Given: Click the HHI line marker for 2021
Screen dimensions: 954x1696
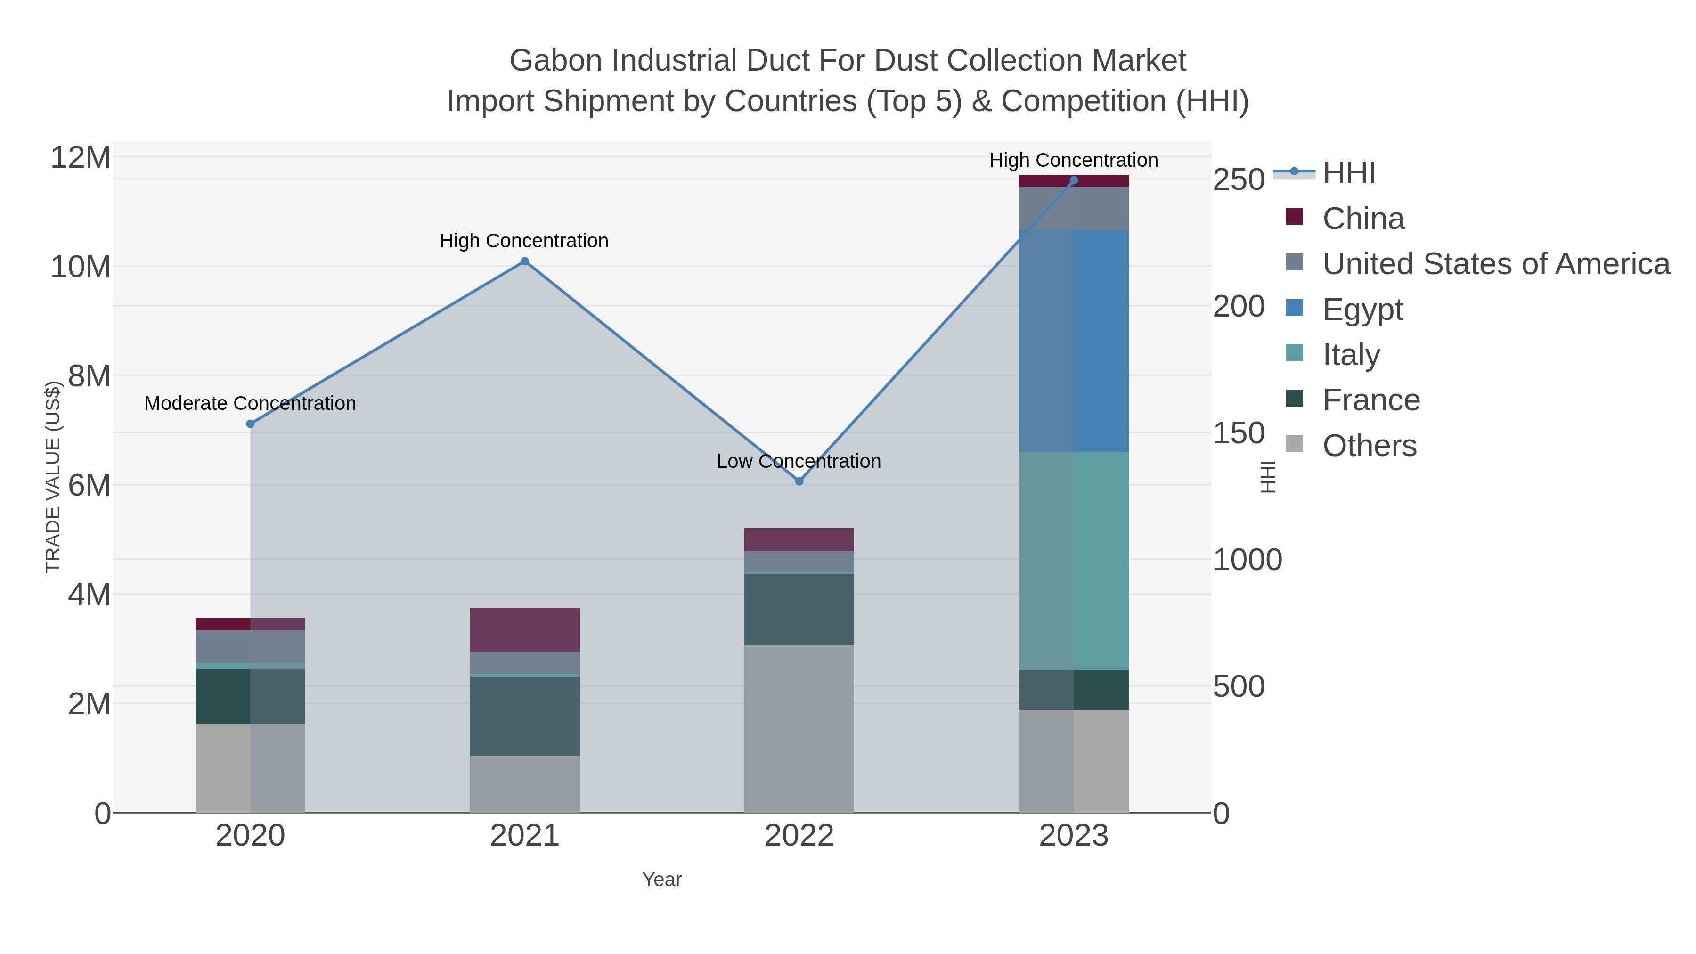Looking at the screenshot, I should tap(525, 261).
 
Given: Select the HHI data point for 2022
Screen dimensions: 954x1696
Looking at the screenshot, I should tap(799, 481).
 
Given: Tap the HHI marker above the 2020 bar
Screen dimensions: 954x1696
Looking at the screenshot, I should tap(250, 424).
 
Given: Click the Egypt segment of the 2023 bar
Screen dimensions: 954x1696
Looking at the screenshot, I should tap(1074, 341).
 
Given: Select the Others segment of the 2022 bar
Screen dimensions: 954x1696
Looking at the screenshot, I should tap(799, 728).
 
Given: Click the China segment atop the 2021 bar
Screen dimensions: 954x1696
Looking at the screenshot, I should tap(525, 629).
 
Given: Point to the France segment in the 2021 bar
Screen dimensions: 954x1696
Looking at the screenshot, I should tap(525, 716).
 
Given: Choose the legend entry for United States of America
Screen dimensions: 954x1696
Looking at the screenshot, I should tap(1495, 264).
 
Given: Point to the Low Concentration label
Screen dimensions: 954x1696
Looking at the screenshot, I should tap(799, 462).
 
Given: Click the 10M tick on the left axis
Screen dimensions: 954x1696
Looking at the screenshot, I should tap(80, 267).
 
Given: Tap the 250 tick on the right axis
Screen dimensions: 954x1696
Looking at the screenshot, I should tap(1239, 180).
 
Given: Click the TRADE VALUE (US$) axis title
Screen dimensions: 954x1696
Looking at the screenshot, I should tap(53, 477).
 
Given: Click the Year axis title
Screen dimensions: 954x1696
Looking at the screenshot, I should tap(662, 880).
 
